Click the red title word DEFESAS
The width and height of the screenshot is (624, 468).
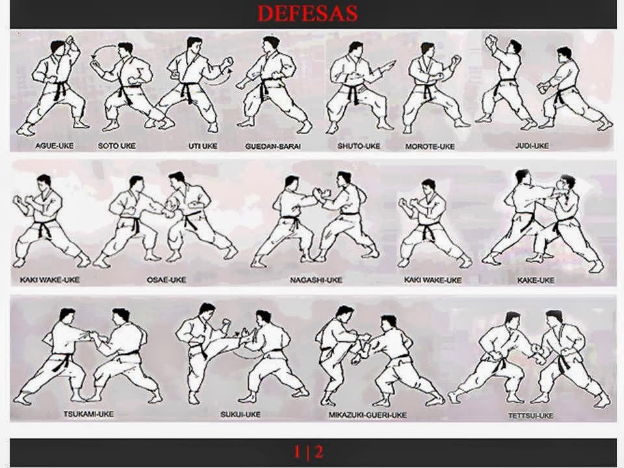tap(307, 14)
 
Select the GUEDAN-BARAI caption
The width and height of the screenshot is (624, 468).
tap(273, 146)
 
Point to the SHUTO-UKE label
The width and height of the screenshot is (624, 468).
tap(354, 146)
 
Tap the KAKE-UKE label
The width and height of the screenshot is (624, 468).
tap(536, 280)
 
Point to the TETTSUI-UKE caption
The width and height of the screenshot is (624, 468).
tap(531, 414)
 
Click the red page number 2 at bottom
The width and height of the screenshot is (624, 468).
tap(319, 450)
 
